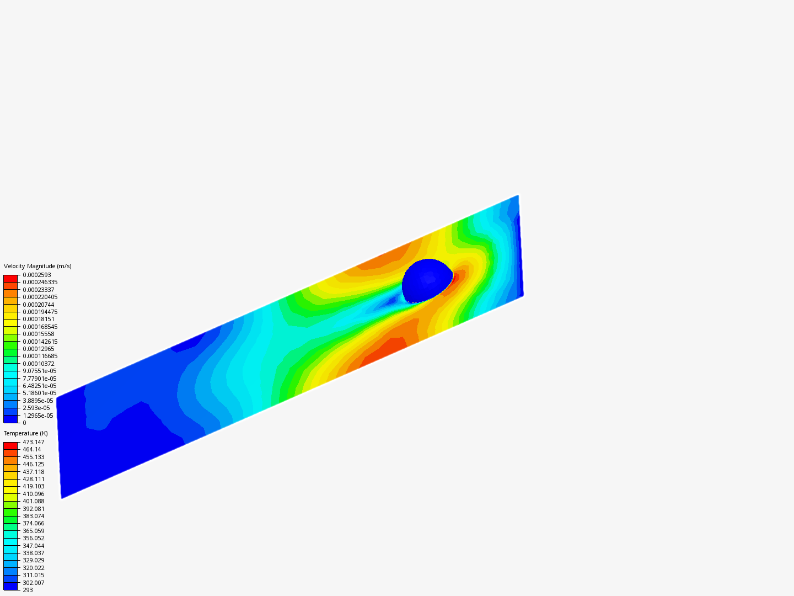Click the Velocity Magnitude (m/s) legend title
pos(37,267)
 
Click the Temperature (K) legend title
pos(26,434)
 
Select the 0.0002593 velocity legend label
pos(37,275)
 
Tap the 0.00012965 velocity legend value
pos(39,349)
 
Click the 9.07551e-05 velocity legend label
pos(40,371)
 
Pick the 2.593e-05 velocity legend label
pos(36,408)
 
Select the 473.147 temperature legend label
pos(34,442)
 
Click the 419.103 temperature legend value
pos(34,486)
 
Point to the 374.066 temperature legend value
pos(34,523)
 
